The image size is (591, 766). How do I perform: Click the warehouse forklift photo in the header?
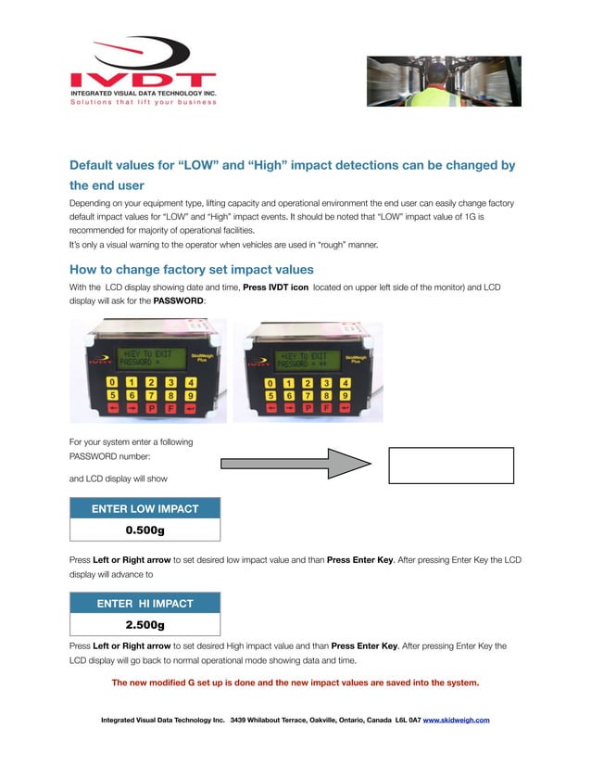pos(443,81)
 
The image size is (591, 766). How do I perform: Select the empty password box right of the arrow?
pos(451,465)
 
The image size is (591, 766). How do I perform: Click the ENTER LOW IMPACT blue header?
pos(145,508)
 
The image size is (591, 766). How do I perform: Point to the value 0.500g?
pos(145,530)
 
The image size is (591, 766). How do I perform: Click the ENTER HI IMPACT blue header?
pos(145,603)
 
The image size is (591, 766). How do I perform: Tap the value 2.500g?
pos(145,625)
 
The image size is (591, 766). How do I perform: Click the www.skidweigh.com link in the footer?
pos(456,720)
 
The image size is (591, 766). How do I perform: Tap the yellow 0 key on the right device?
pos(270,382)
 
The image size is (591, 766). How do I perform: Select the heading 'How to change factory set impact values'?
pos(192,270)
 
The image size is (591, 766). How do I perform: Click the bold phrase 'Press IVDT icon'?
pos(276,287)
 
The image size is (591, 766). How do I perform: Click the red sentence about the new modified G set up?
pos(295,683)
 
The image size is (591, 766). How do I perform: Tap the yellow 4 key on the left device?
pos(190,382)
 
